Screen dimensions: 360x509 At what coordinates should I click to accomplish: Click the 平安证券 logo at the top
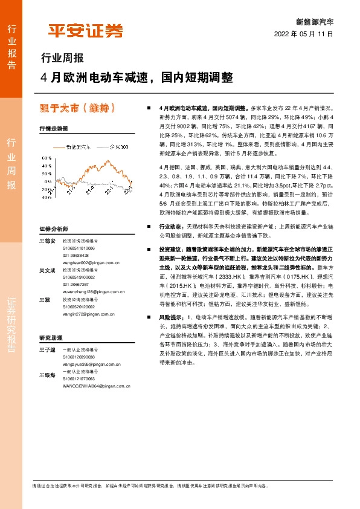(85, 30)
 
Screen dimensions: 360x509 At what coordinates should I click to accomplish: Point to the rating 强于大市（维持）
(76, 109)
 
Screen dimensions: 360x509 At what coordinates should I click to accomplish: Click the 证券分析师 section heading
(54, 229)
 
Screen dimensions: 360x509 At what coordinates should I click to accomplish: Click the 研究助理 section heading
(51, 337)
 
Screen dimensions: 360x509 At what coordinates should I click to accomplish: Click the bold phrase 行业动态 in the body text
(171, 225)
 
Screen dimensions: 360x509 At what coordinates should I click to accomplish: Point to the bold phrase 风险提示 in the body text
(171, 317)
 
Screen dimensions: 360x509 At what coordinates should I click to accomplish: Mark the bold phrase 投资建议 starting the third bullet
(171, 249)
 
